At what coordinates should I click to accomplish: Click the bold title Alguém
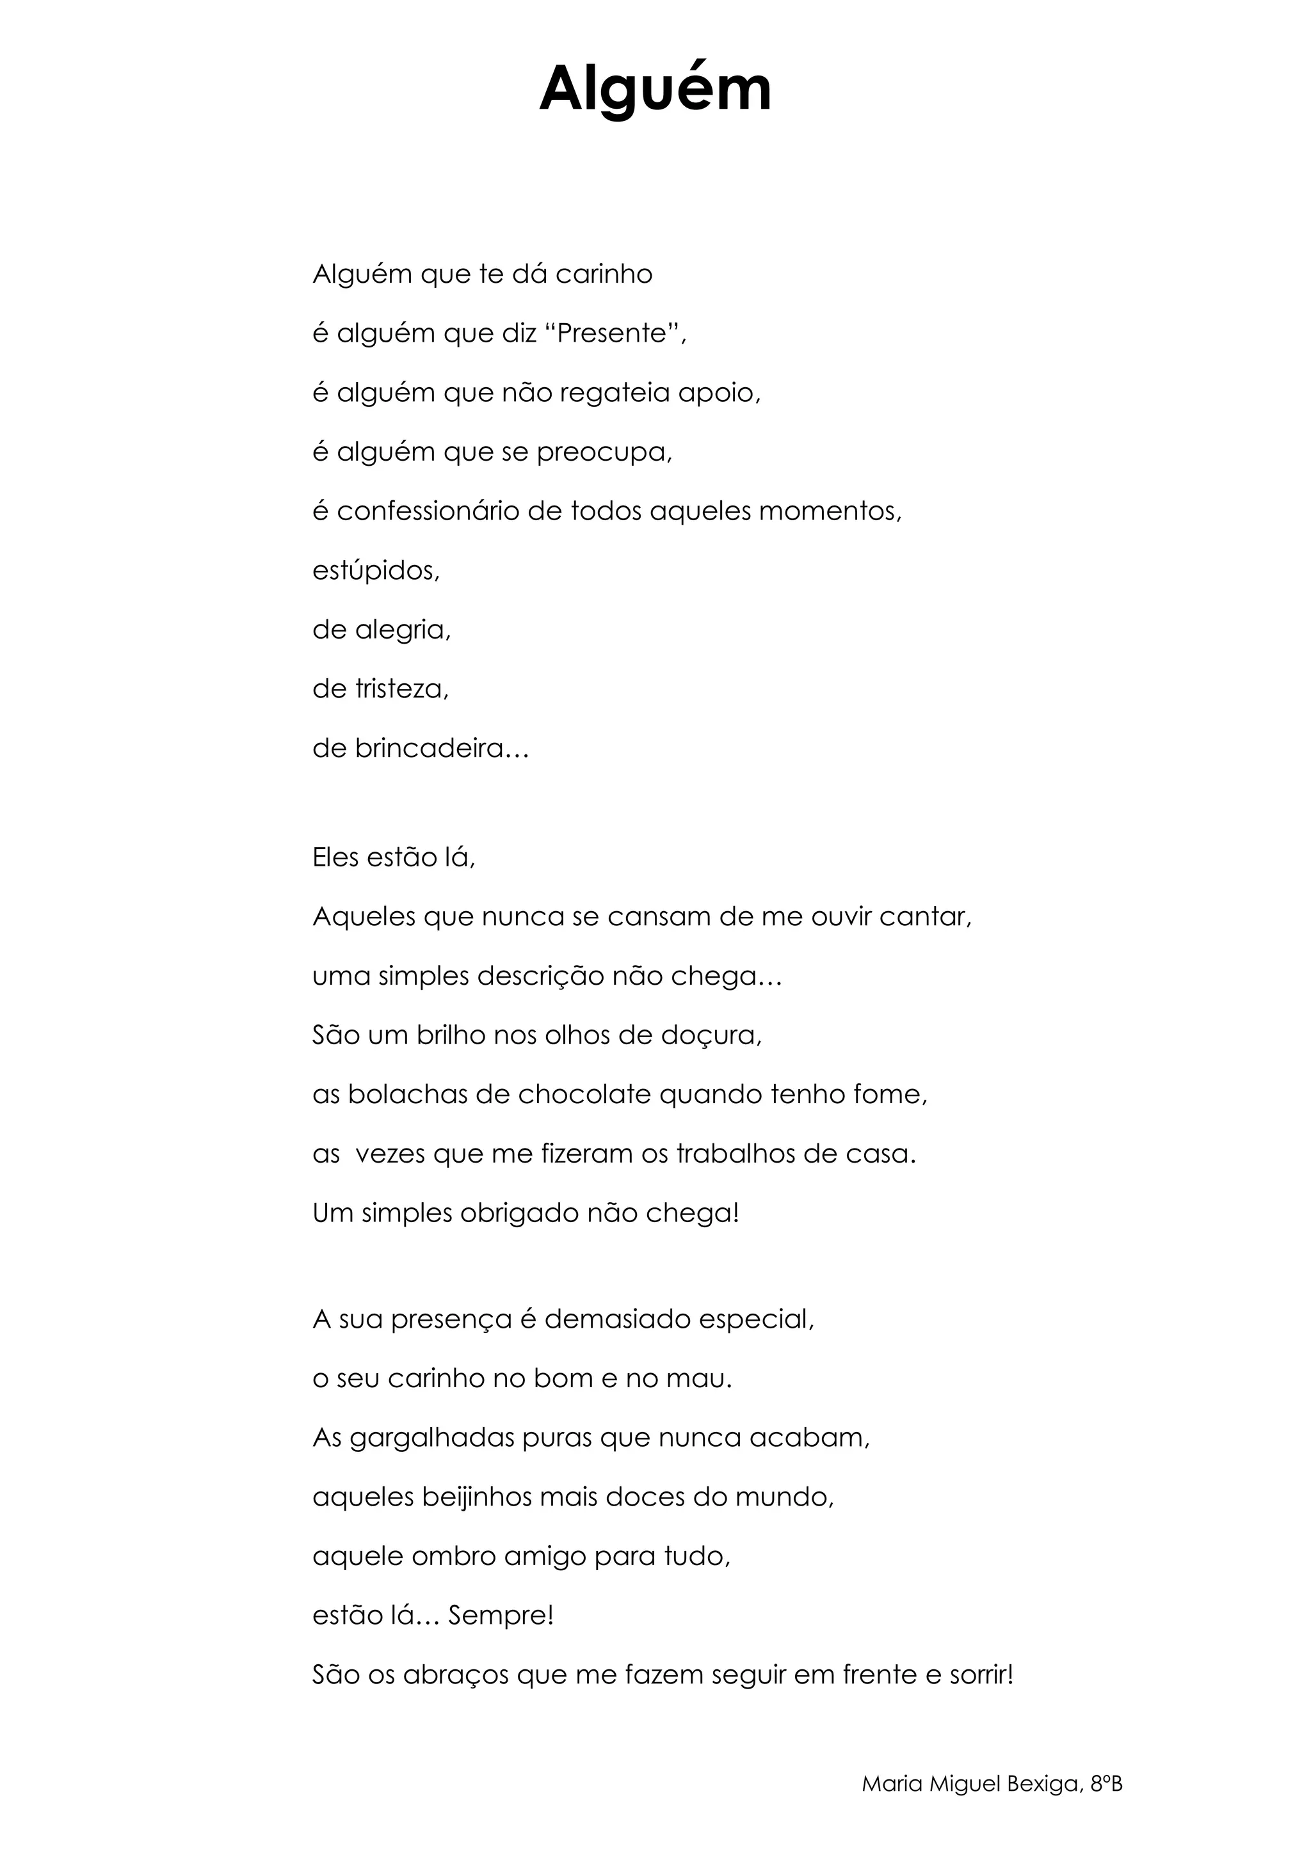pyautogui.click(x=655, y=89)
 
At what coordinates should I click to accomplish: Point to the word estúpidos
pyautogui.click(x=375, y=571)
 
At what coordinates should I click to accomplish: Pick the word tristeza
pyautogui.click(x=401, y=689)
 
